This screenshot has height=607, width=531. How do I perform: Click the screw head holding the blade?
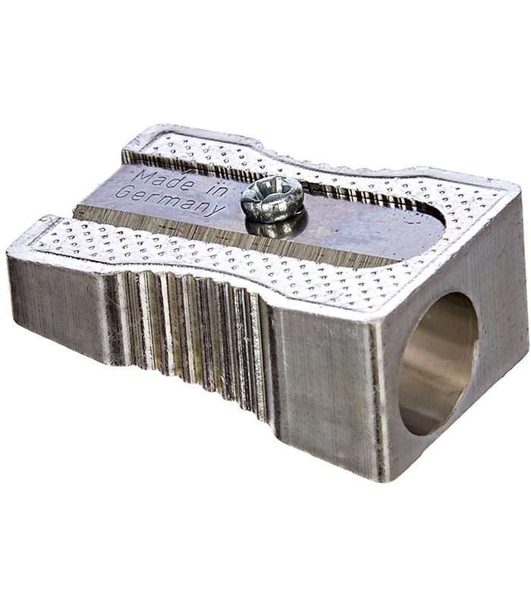coord(272,198)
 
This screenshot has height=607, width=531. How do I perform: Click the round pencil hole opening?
coord(438,364)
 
